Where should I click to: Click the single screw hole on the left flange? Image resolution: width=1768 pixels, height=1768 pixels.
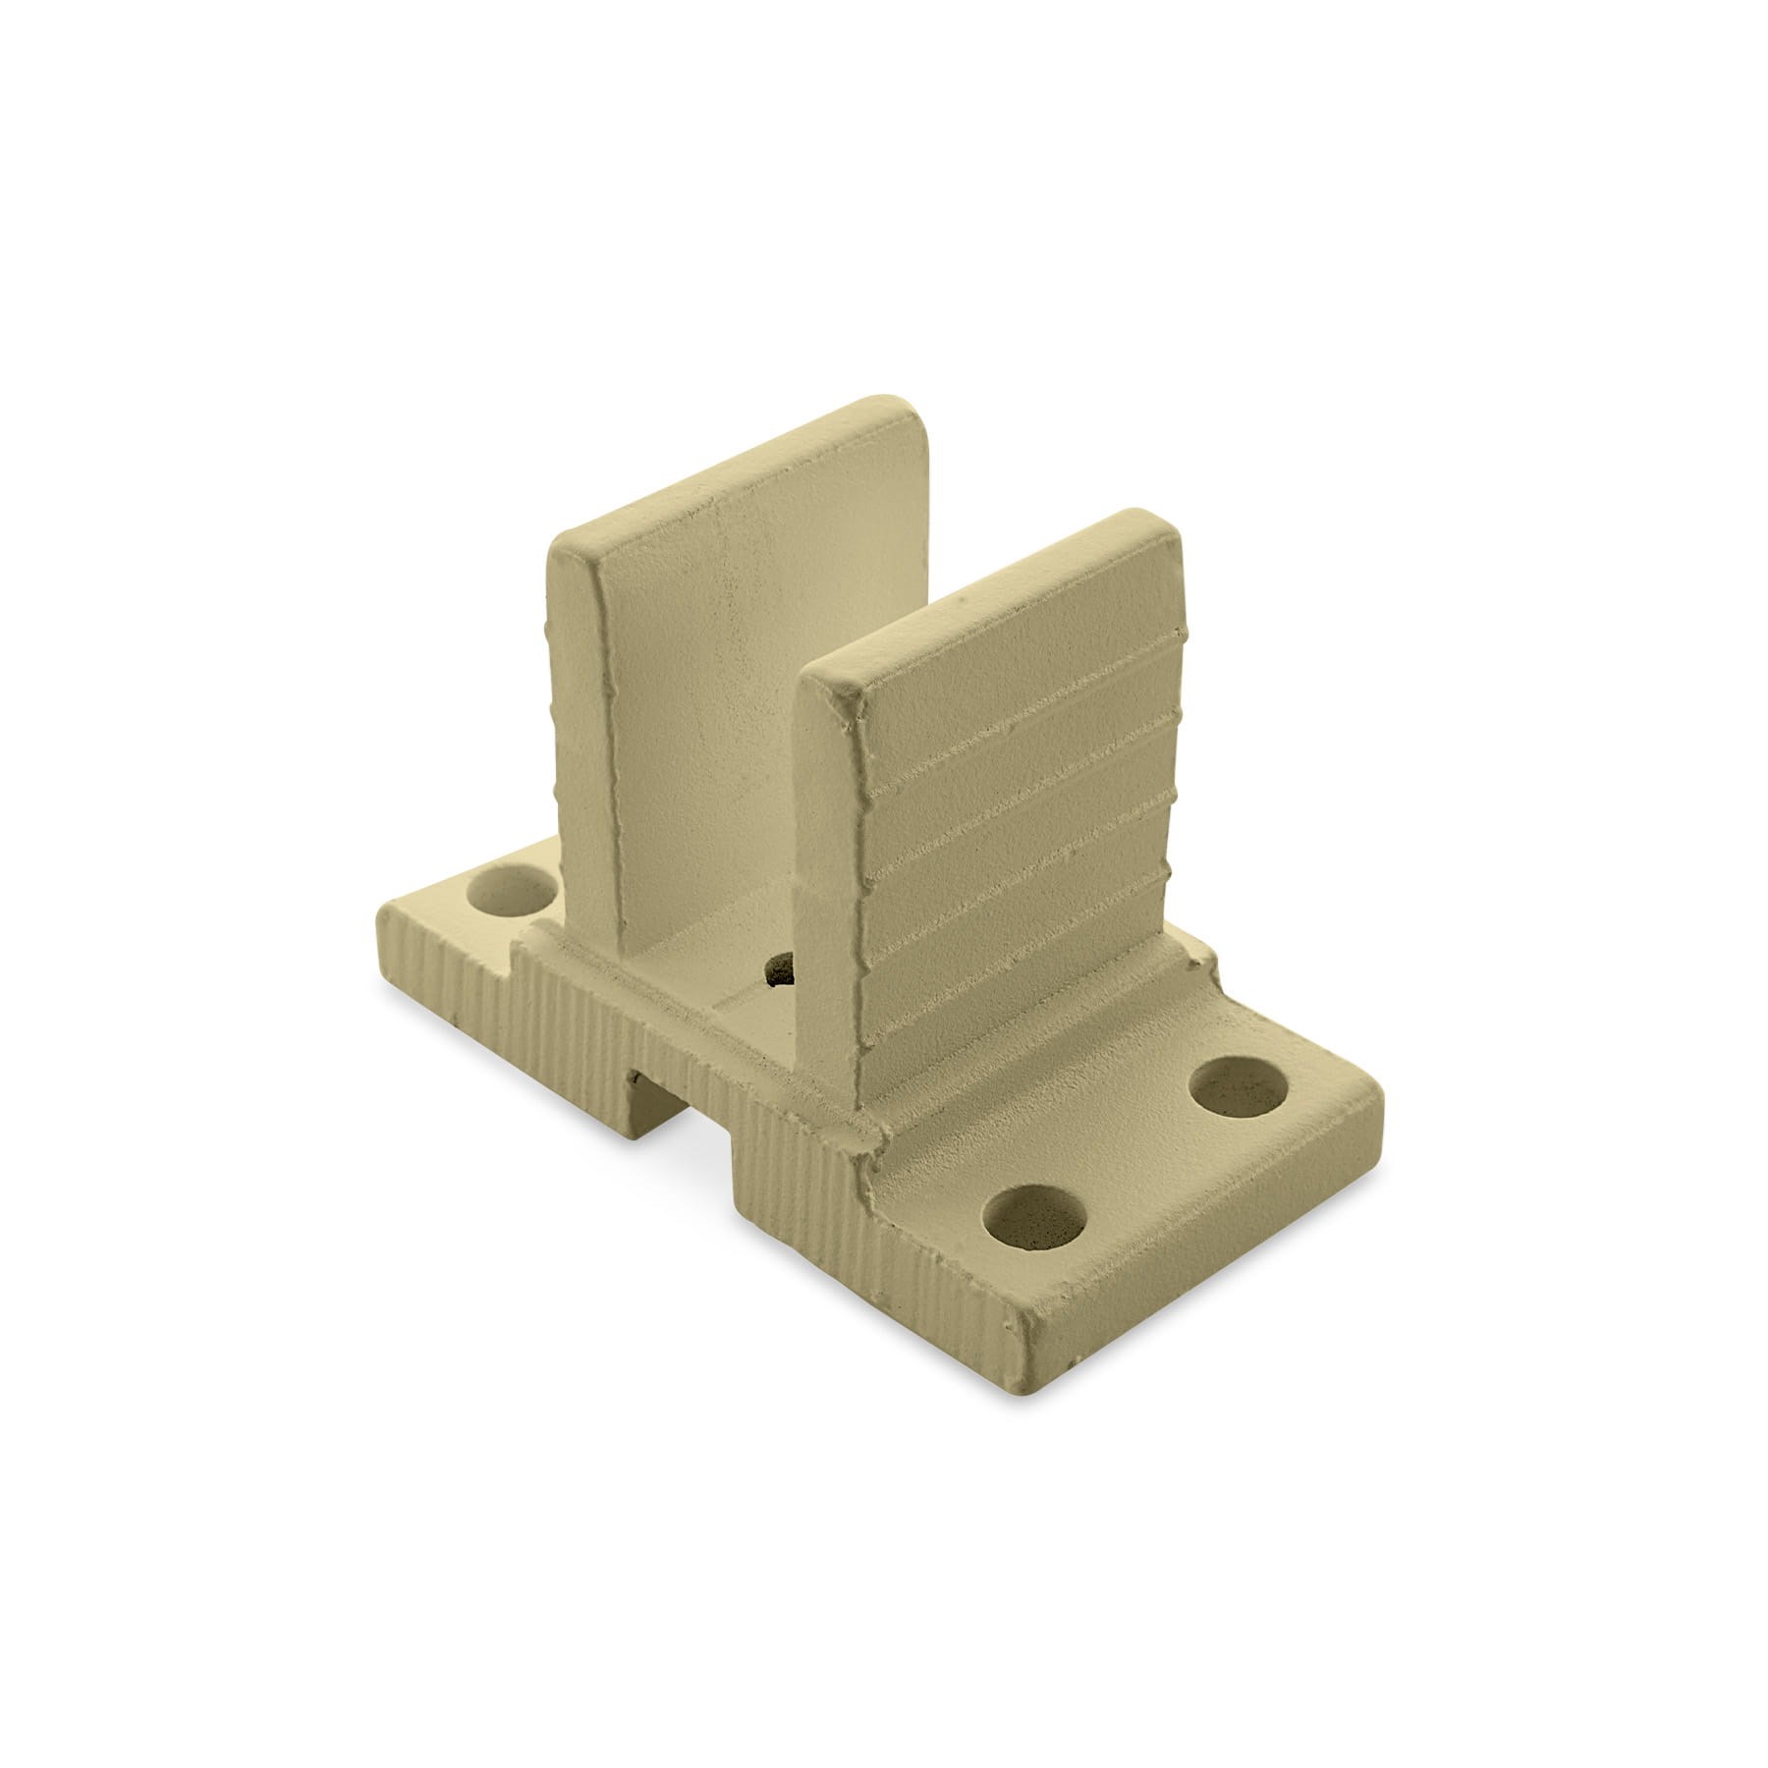(510, 892)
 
